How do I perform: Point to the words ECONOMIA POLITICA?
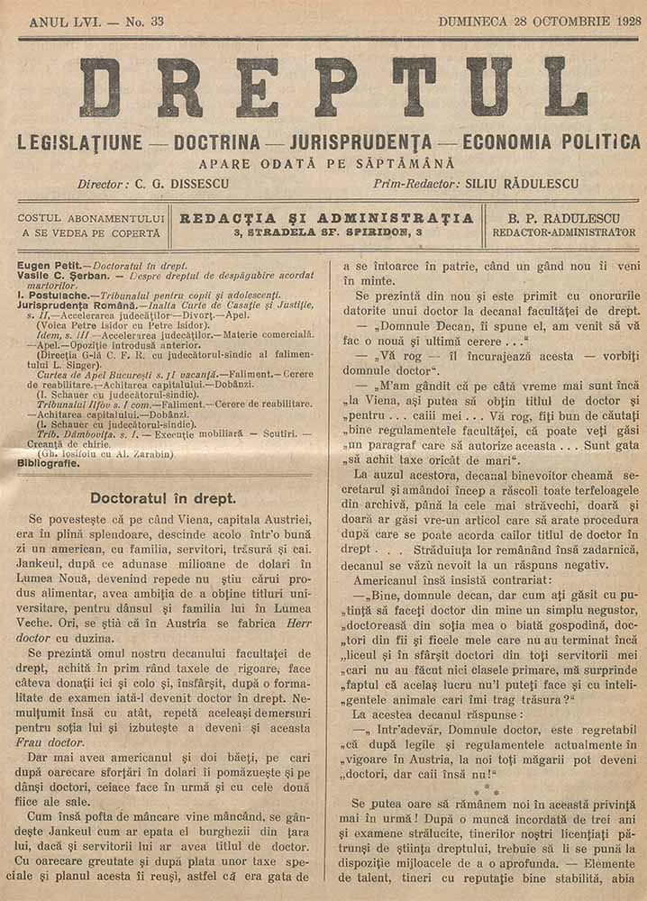click(551, 142)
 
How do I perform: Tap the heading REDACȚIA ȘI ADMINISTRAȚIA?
click(327, 217)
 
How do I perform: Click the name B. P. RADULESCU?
click(563, 217)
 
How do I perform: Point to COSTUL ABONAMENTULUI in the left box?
click(91, 218)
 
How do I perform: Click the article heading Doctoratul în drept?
click(164, 497)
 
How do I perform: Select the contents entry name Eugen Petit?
click(49, 267)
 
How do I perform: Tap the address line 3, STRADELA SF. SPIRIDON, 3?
click(327, 232)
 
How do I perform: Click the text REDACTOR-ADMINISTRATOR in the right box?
click(563, 232)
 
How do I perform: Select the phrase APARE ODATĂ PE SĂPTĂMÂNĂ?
click(327, 163)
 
